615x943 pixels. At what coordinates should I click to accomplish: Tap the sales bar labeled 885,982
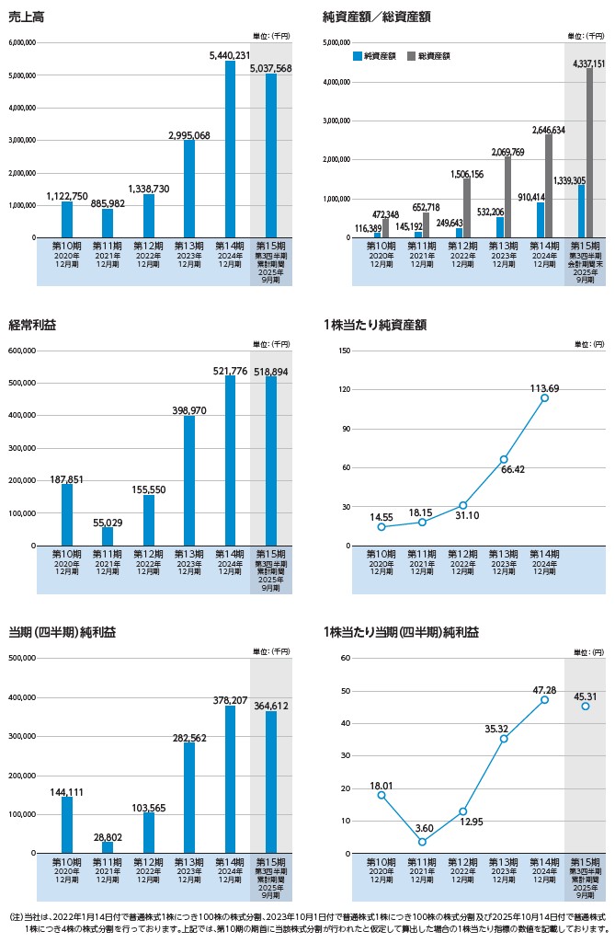108,223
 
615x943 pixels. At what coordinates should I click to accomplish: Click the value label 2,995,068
188,135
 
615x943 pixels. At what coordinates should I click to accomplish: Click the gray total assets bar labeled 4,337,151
589,153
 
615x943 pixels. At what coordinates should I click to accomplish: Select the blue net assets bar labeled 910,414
541,220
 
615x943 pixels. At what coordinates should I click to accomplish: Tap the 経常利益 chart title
29,325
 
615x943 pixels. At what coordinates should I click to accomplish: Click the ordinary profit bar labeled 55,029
108,536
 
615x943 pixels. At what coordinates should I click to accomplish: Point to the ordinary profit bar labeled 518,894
271,461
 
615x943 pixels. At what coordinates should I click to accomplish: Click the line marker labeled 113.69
544,397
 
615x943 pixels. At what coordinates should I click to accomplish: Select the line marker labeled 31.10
463,505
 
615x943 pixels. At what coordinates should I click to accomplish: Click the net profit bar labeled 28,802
108,847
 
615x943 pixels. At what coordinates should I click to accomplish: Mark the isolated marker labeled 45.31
585,706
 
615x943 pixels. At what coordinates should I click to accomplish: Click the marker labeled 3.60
422,842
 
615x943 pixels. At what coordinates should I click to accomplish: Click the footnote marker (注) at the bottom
15,918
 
